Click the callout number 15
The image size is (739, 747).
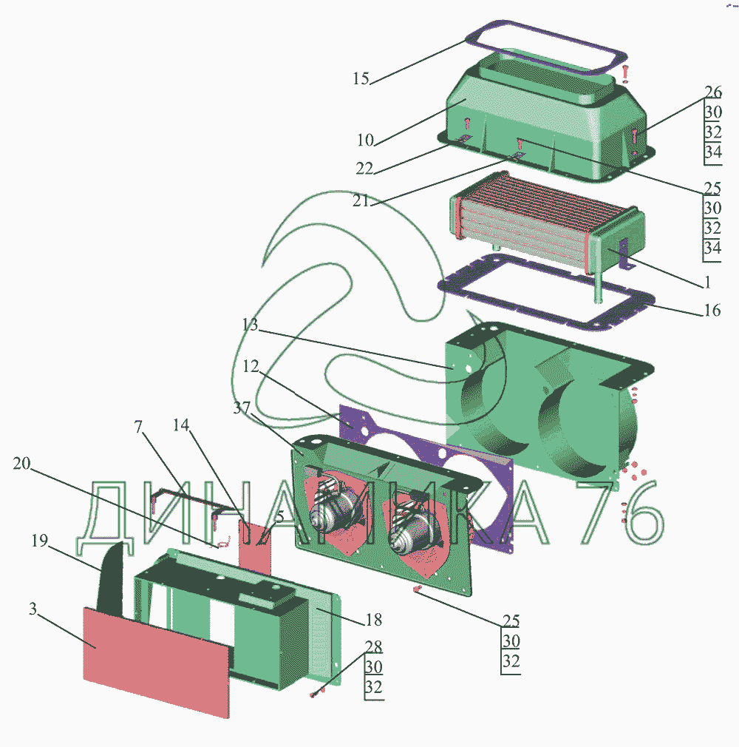click(x=361, y=78)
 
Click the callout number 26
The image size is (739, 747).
click(x=712, y=92)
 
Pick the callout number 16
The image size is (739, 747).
click(x=712, y=310)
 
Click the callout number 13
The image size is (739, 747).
click(x=251, y=325)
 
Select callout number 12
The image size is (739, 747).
click(x=251, y=367)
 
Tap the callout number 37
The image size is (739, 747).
click(x=241, y=408)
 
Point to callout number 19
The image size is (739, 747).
click(x=39, y=541)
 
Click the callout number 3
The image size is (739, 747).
click(x=33, y=609)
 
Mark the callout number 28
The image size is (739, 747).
click(x=373, y=646)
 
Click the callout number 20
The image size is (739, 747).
click(x=21, y=464)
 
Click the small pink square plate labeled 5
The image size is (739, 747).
click(x=256, y=544)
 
